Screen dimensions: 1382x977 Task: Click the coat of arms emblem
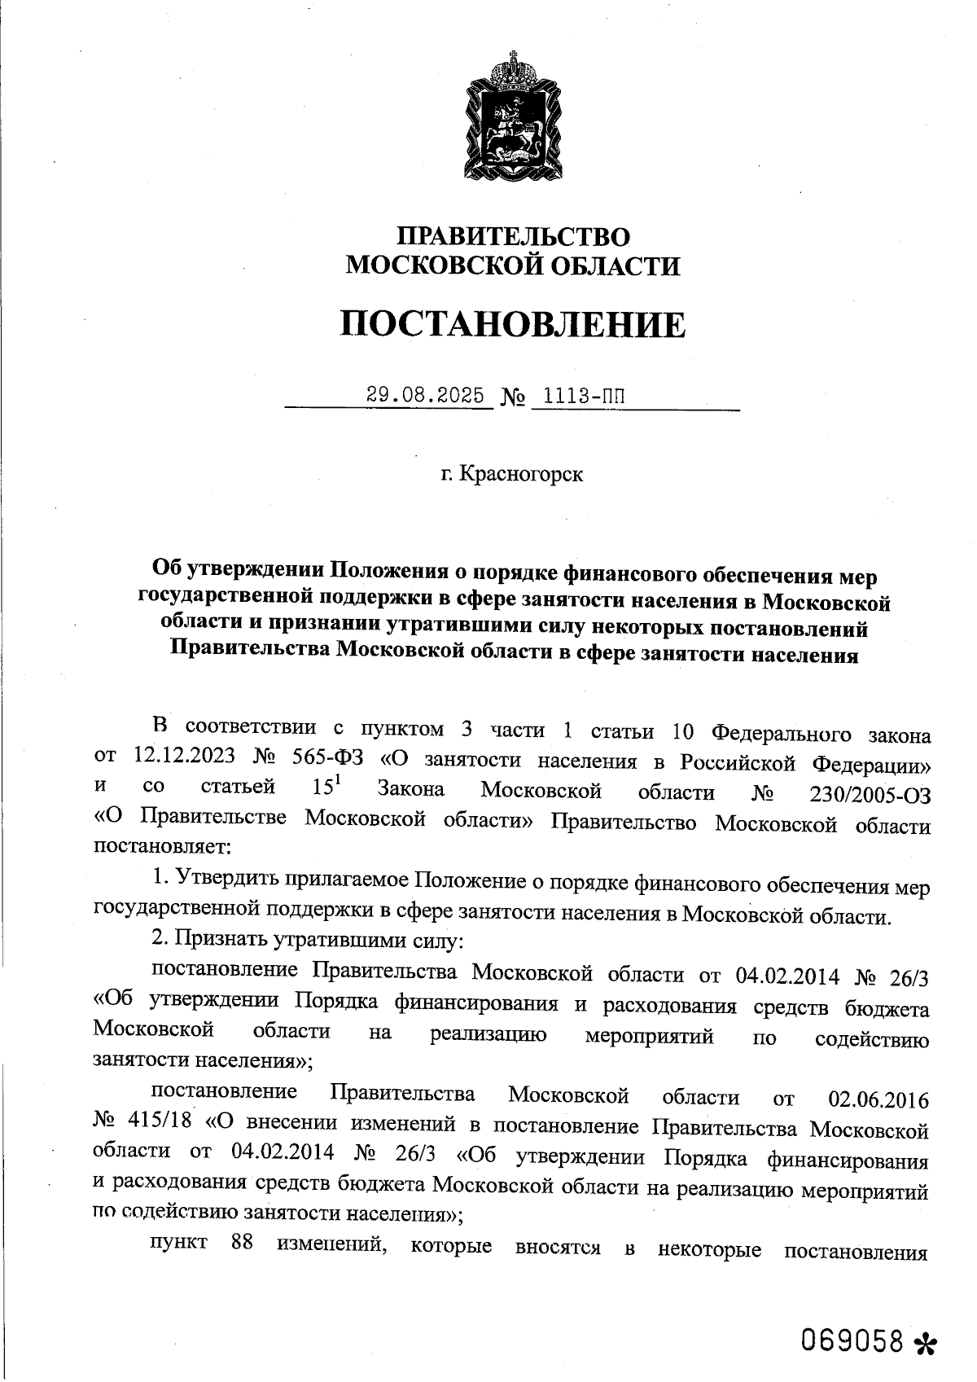click(x=514, y=119)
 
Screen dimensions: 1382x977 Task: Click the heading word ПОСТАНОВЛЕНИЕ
click(x=512, y=325)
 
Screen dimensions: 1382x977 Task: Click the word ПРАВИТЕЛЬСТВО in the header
click(x=513, y=237)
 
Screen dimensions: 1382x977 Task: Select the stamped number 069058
click(x=852, y=1339)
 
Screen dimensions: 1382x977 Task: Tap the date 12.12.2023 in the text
click(x=182, y=756)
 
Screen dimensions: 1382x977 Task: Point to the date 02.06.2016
click(x=878, y=1099)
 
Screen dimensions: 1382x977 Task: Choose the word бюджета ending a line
click(x=887, y=1007)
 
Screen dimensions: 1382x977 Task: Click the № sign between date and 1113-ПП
click(x=511, y=398)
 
